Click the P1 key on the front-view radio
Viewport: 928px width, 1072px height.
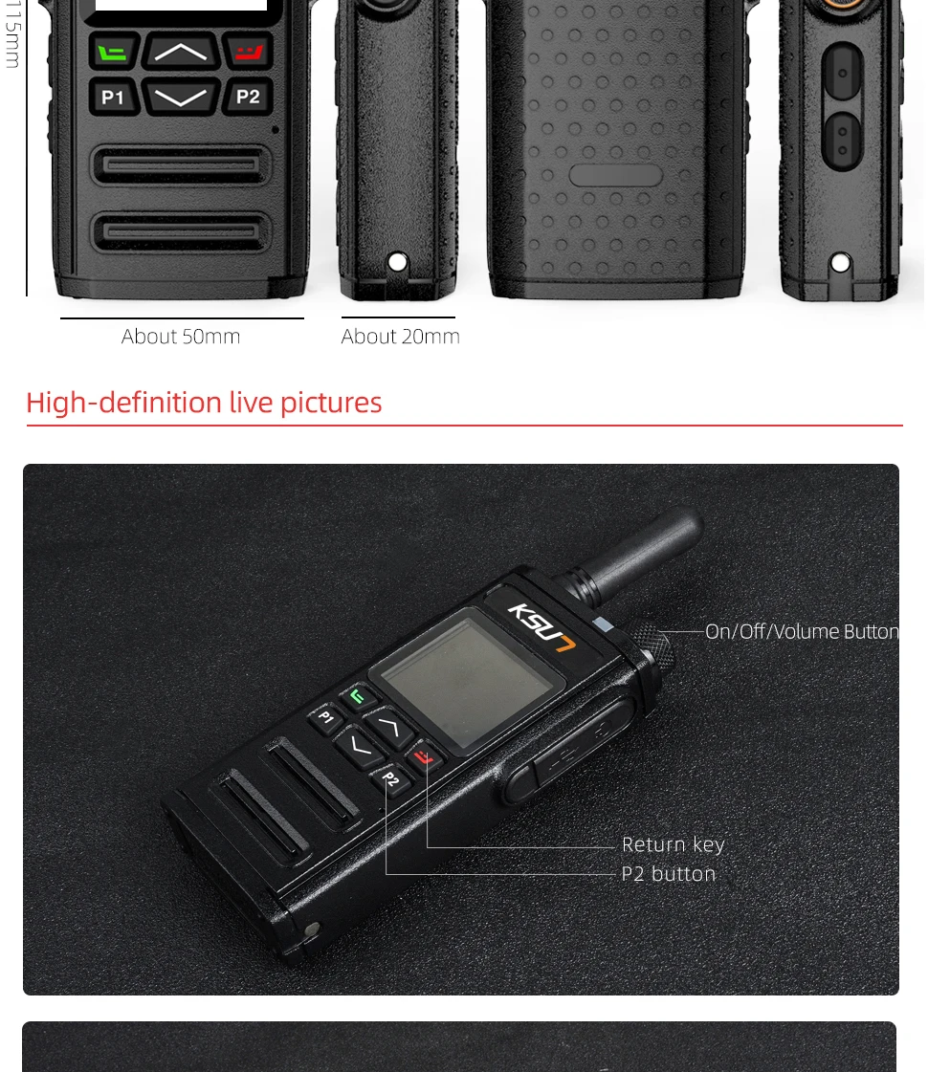[113, 97]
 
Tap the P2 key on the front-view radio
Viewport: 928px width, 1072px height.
[248, 96]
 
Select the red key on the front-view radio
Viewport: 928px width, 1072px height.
[248, 52]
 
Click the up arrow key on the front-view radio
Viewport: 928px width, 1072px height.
[181, 52]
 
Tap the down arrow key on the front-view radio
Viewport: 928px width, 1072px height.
[181, 97]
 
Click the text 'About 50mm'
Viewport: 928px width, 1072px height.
[181, 337]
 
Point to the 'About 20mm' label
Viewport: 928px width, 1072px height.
[400, 337]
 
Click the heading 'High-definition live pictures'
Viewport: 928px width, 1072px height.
[204, 403]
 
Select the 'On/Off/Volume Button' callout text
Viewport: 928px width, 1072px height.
[801, 631]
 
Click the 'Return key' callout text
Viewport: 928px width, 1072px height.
[673, 844]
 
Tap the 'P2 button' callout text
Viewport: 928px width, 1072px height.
[668, 873]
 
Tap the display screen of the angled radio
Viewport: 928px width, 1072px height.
[466, 680]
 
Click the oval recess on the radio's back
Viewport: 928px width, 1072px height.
[614, 175]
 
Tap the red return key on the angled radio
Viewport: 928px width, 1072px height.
[424, 759]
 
